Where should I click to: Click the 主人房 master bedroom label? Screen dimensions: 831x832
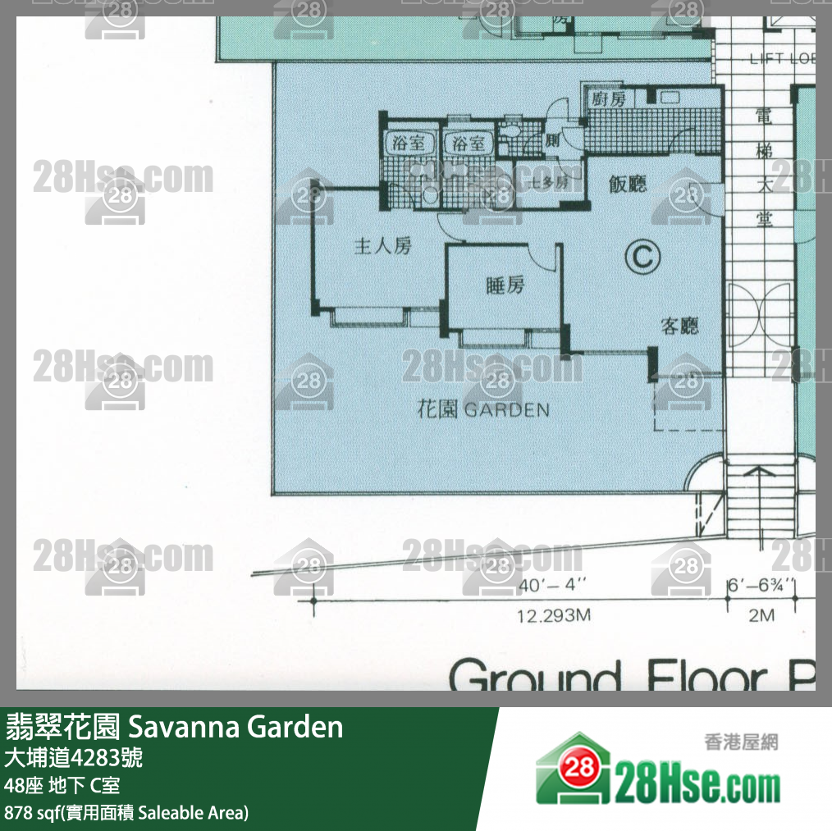[382, 245]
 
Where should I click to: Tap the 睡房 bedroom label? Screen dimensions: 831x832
[505, 285]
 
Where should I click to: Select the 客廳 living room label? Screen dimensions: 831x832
[680, 326]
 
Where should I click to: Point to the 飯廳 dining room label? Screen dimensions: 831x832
[628, 184]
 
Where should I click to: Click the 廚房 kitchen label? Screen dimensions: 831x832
[608, 98]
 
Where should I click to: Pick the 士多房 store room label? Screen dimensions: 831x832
[549, 183]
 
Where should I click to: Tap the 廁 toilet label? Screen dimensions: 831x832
[552, 140]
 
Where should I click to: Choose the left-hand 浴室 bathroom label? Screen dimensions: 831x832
[410, 143]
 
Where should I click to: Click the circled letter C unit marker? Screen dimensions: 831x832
[642, 258]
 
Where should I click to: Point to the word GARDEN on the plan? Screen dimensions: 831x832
[507, 409]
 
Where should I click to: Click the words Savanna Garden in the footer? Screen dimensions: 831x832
[236, 727]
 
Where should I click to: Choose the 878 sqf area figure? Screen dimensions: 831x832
[29, 813]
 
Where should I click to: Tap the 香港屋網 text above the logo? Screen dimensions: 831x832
[741, 742]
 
